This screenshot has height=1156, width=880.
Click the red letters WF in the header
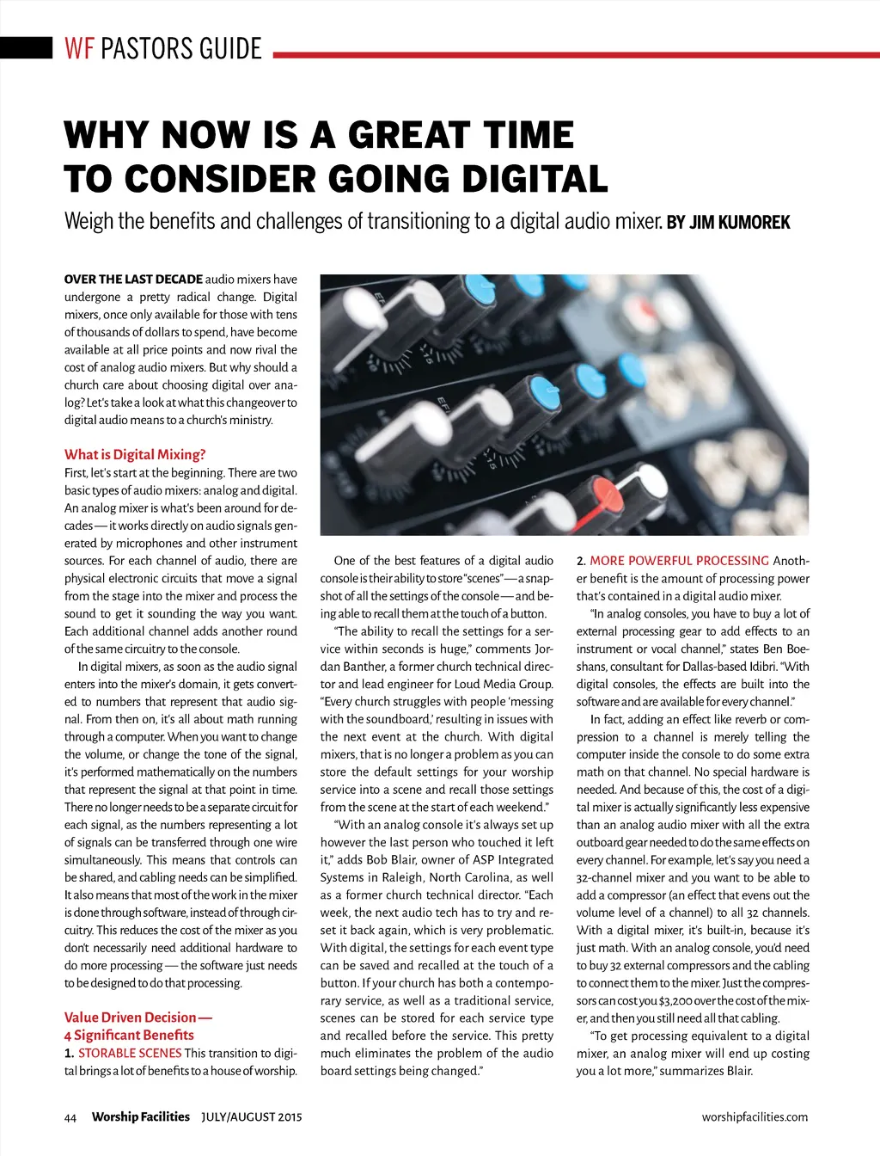pyautogui.click(x=79, y=48)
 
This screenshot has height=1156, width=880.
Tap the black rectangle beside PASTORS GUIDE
pyautogui.click(x=27, y=47)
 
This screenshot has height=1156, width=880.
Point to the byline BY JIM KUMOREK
pyautogui.click(x=728, y=223)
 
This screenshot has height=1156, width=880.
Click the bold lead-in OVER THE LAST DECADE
pyautogui.click(x=133, y=279)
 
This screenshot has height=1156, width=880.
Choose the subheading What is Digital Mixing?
pyautogui.click(x=135, y=454)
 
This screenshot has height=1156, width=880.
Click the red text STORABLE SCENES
pyautogui.click(x=130, y=1053)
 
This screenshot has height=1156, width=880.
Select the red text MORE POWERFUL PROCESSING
pyautogui.click(x=679, y=561)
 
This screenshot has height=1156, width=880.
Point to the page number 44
pyautogui.click(x=70, y=1117)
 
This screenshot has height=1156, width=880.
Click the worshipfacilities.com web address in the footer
pyautogui.click(x=755, y=1117)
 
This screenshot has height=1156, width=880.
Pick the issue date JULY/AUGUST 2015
pyautogui.click(x=252, y=1117)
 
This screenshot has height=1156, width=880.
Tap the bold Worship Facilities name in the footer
pyautogui.click(x=141, y=1117)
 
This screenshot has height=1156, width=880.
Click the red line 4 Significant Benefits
pyautogui.click(x=129, y=1035)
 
